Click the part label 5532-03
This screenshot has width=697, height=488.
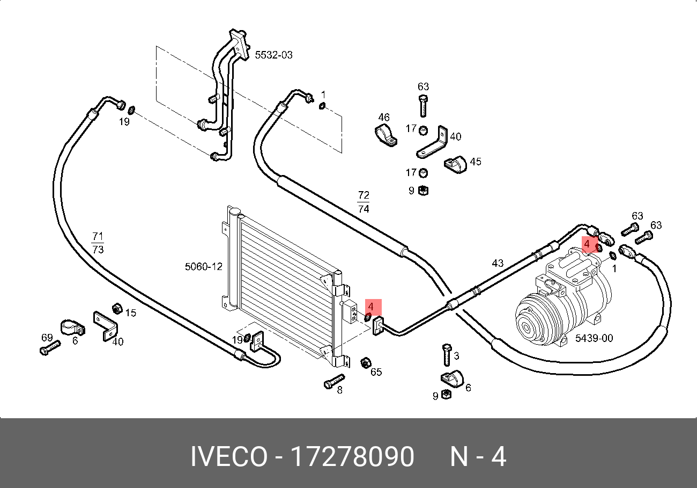point(273,55)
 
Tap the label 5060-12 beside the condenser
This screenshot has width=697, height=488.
point(203,266)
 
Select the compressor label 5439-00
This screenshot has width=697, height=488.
point(594,338)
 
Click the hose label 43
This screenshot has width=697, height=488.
point(498,263)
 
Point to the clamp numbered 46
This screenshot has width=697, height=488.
point(385,135)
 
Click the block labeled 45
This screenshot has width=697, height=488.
point(456,164)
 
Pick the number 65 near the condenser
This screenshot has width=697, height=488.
point(376,372)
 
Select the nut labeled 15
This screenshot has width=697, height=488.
point(116,309)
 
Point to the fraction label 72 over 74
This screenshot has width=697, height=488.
point(364,202)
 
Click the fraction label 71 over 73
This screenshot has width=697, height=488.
point(98,243)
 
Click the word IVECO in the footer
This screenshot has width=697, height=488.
point(228,457)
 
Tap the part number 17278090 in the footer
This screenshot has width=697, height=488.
point(352,457)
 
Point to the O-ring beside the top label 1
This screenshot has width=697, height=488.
point(322,106)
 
